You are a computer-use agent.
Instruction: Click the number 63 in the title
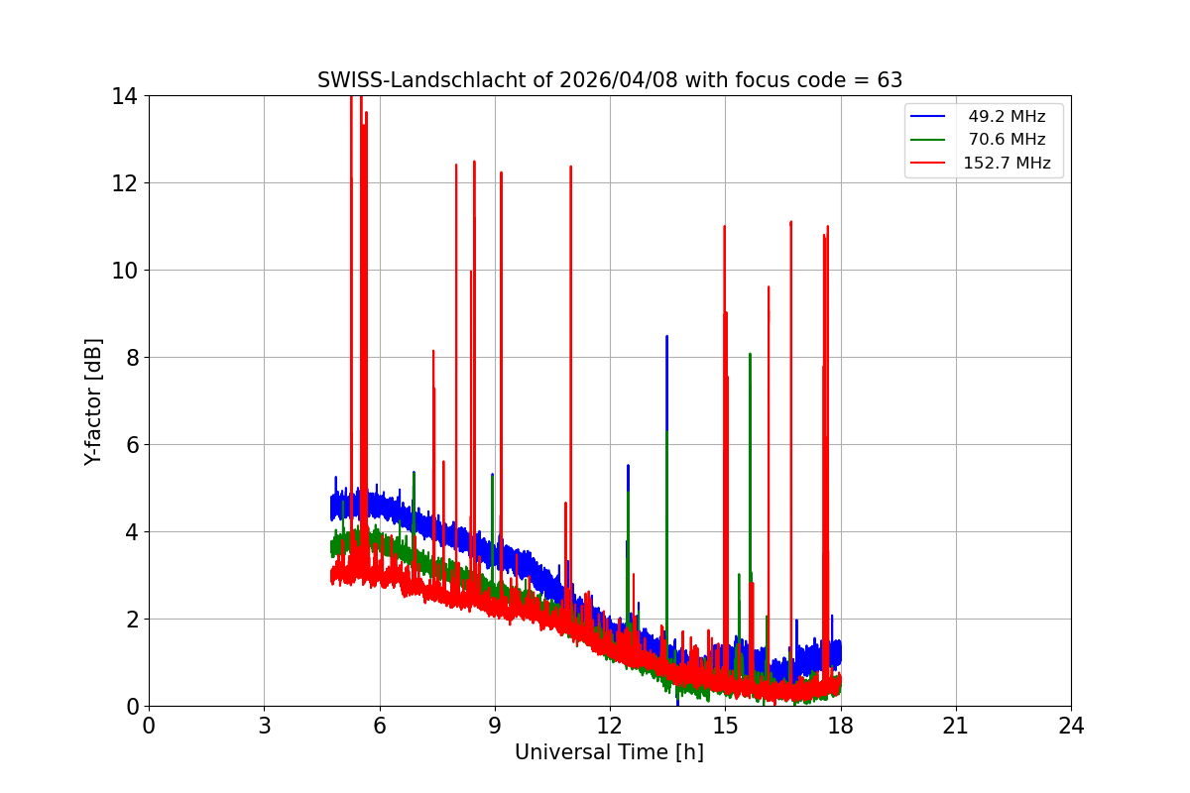coord(890,80)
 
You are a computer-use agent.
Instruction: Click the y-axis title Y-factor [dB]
coord(94,401)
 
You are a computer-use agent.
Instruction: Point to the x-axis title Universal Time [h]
coord(609,752)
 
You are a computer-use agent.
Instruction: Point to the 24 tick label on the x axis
coord(1071,726)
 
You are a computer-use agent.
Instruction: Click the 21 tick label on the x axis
coord(956,726)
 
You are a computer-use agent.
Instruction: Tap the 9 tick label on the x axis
coord(495,726)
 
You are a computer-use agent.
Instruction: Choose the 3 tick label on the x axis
coord(264,726)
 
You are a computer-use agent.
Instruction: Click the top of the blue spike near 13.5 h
coord(666,336)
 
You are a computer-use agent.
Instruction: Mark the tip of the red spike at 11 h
coord(570,167)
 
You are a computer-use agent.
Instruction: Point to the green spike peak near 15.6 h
coord(750,354)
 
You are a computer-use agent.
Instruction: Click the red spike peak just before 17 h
coord(790,222)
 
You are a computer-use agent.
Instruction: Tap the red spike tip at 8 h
coord(456,165)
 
